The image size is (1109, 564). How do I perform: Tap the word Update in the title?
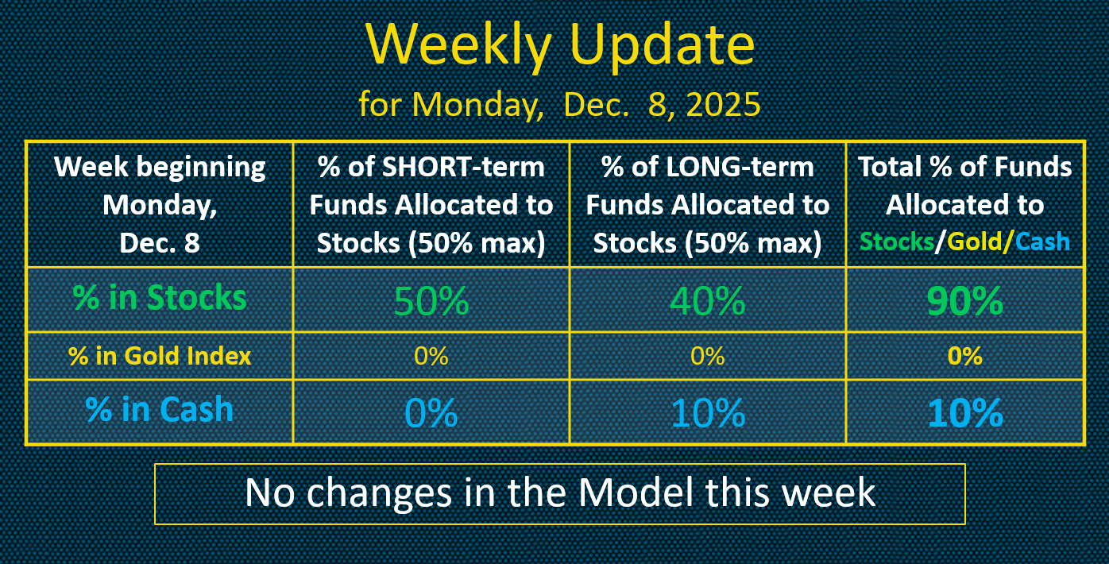click(663, 45)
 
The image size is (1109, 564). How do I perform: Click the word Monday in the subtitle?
click(477, 105)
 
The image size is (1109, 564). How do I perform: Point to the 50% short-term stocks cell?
click(431, 300)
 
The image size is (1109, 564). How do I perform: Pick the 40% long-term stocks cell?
click(708, 300)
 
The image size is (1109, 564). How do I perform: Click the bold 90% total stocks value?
click(965, 300)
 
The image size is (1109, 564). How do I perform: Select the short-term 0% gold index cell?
click(431, 356)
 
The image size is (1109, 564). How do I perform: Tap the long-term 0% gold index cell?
click(708, 356)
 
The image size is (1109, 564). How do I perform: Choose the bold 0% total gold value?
click(965, 356)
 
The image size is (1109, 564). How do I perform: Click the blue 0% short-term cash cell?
click(431, 412)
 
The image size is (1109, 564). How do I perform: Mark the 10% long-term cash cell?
click(708, 412)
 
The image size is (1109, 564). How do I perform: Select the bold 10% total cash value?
click(965, 412)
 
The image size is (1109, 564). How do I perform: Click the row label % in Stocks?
click(160, 298)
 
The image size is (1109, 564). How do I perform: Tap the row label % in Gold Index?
click(160, 356)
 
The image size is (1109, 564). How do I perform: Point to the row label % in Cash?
click(159, 410)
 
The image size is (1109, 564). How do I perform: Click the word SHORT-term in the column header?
click(463, 167)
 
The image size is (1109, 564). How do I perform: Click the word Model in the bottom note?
click(636, 493)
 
